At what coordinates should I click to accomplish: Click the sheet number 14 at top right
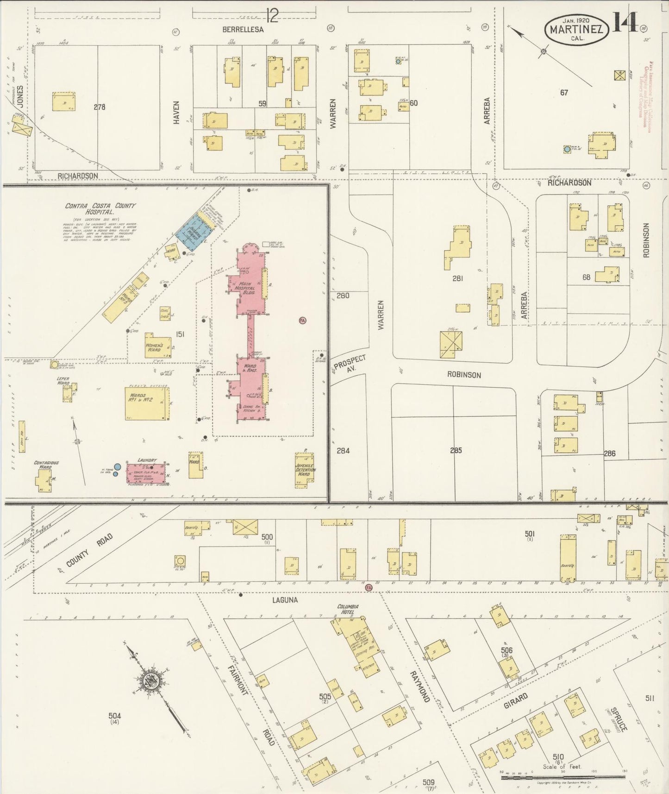tap(625, 22)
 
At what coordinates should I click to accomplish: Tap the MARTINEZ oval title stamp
tap(576, 30)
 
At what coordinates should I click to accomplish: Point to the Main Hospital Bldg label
tap(244, 288)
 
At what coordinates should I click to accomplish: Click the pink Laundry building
tap(146, 473)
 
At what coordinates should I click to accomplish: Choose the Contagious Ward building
tap(44, 480)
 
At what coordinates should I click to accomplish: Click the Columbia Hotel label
tap(348, 609)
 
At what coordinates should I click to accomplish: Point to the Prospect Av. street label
tap(350, 364)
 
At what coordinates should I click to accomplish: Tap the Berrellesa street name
tap(243, 29)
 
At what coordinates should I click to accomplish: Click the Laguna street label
tap(286, 599)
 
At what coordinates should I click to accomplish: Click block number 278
tap(99, 107)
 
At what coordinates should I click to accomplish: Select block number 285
tap(456, 450)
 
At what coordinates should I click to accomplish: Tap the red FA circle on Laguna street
tap(369, 587)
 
